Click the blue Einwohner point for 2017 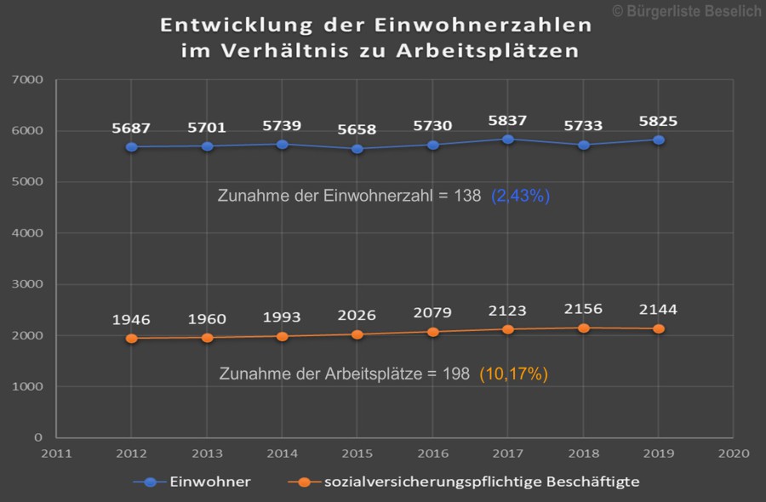pos(507,139)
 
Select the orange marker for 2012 pos(131,338)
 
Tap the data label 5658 pos(357,129)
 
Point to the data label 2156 pos(583,310)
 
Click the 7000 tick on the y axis pos(28,80)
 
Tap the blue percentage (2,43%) pos(520,196)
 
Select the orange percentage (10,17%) pos(513,374)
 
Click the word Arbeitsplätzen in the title pos(487,51)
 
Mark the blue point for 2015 pos(357,149)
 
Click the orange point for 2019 pos(658,328)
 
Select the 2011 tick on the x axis pos(56,454)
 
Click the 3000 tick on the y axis pos(28,284)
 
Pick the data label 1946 pos(131,320)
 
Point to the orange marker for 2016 pos(432,332)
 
